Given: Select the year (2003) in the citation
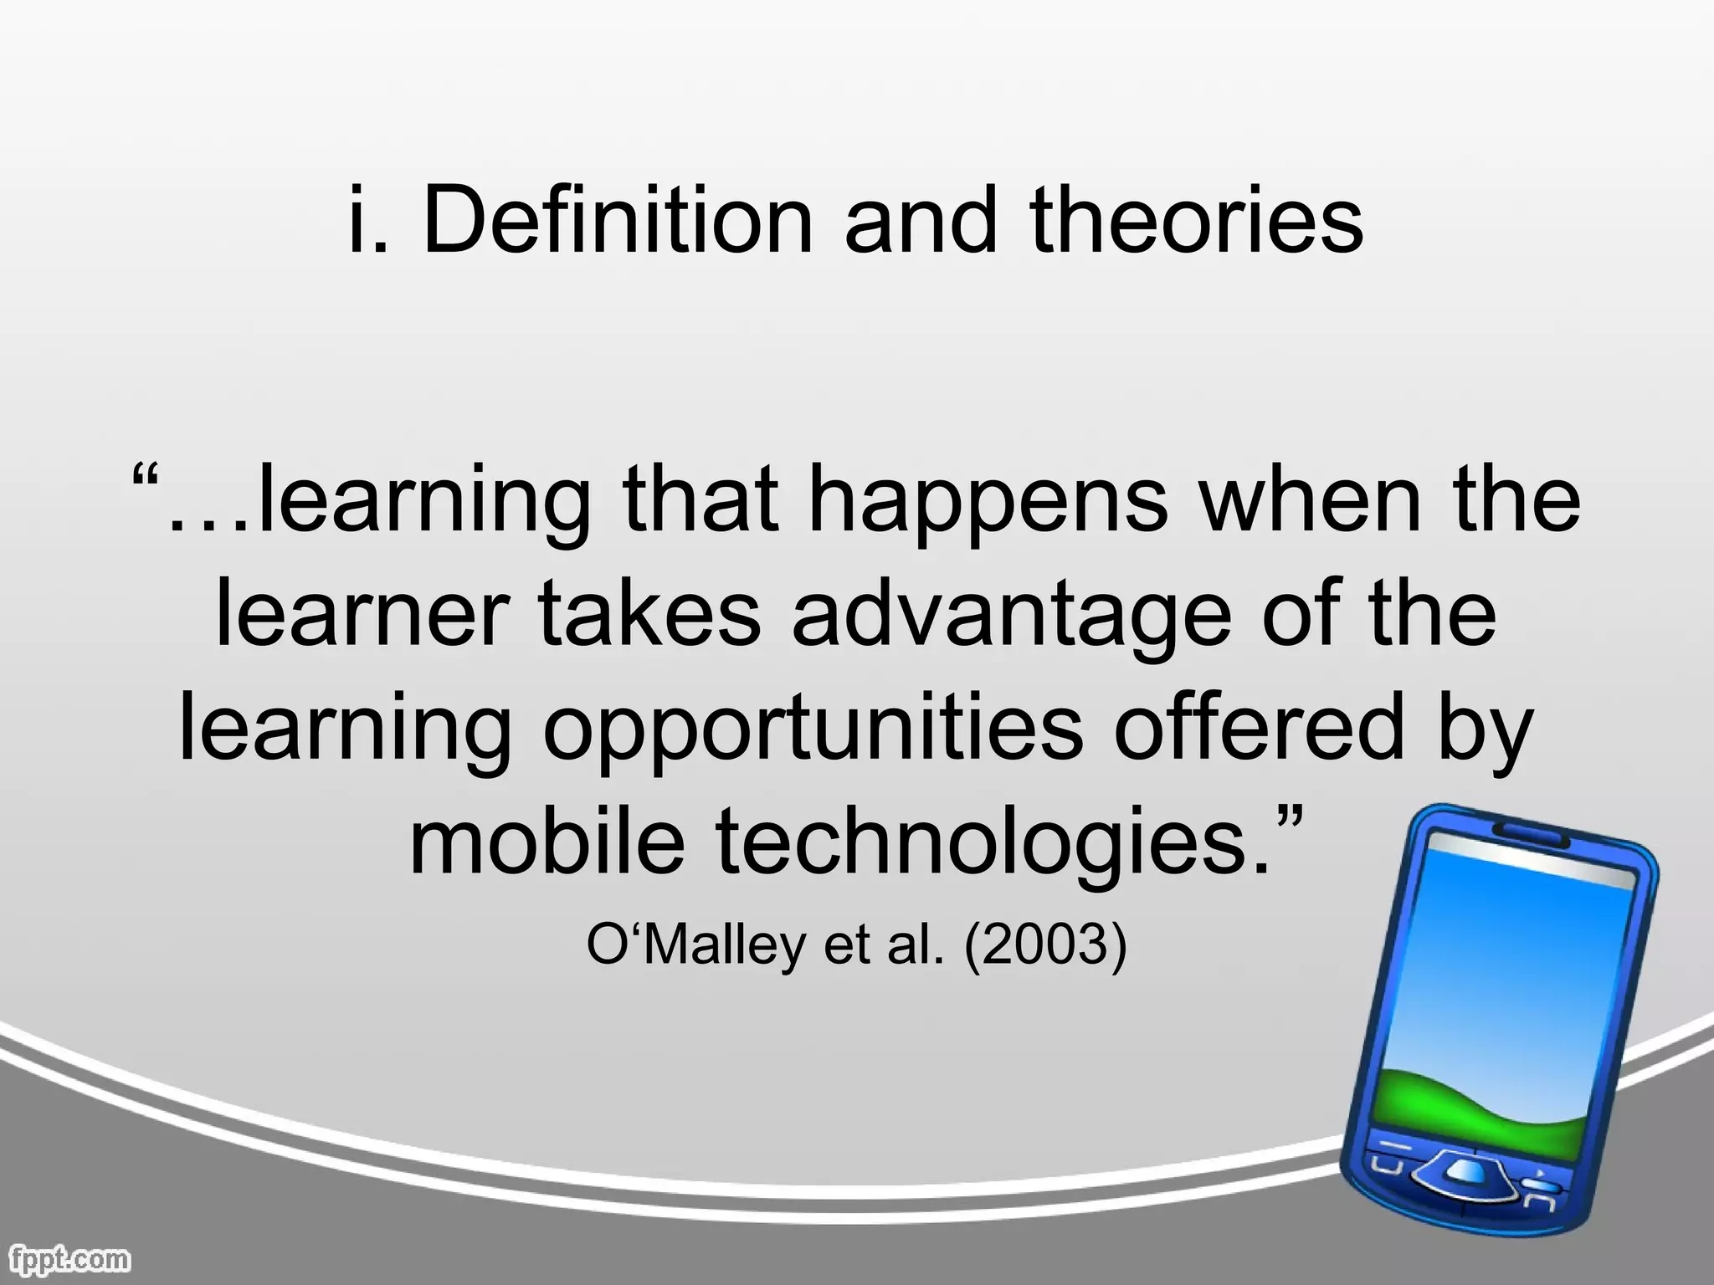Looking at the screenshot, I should [x=1045, y=945].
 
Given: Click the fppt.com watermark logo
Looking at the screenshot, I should [x=67, y=1258].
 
